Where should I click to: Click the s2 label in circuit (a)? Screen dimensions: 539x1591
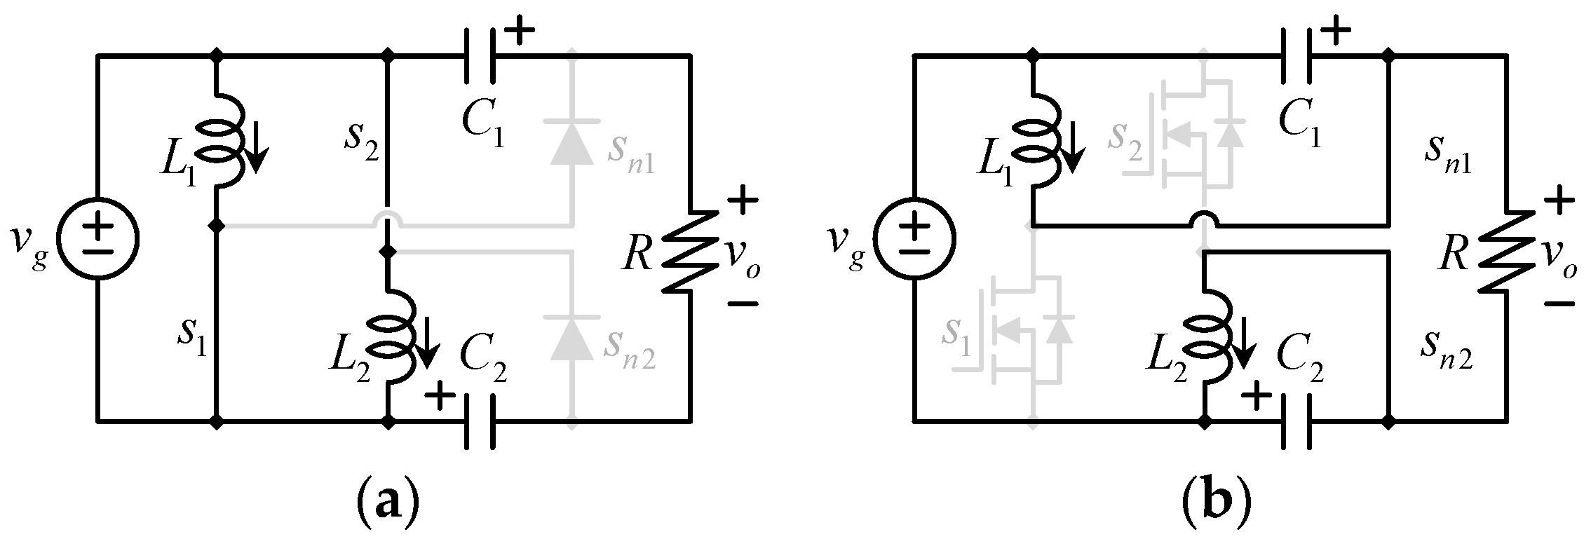point(363,137)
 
